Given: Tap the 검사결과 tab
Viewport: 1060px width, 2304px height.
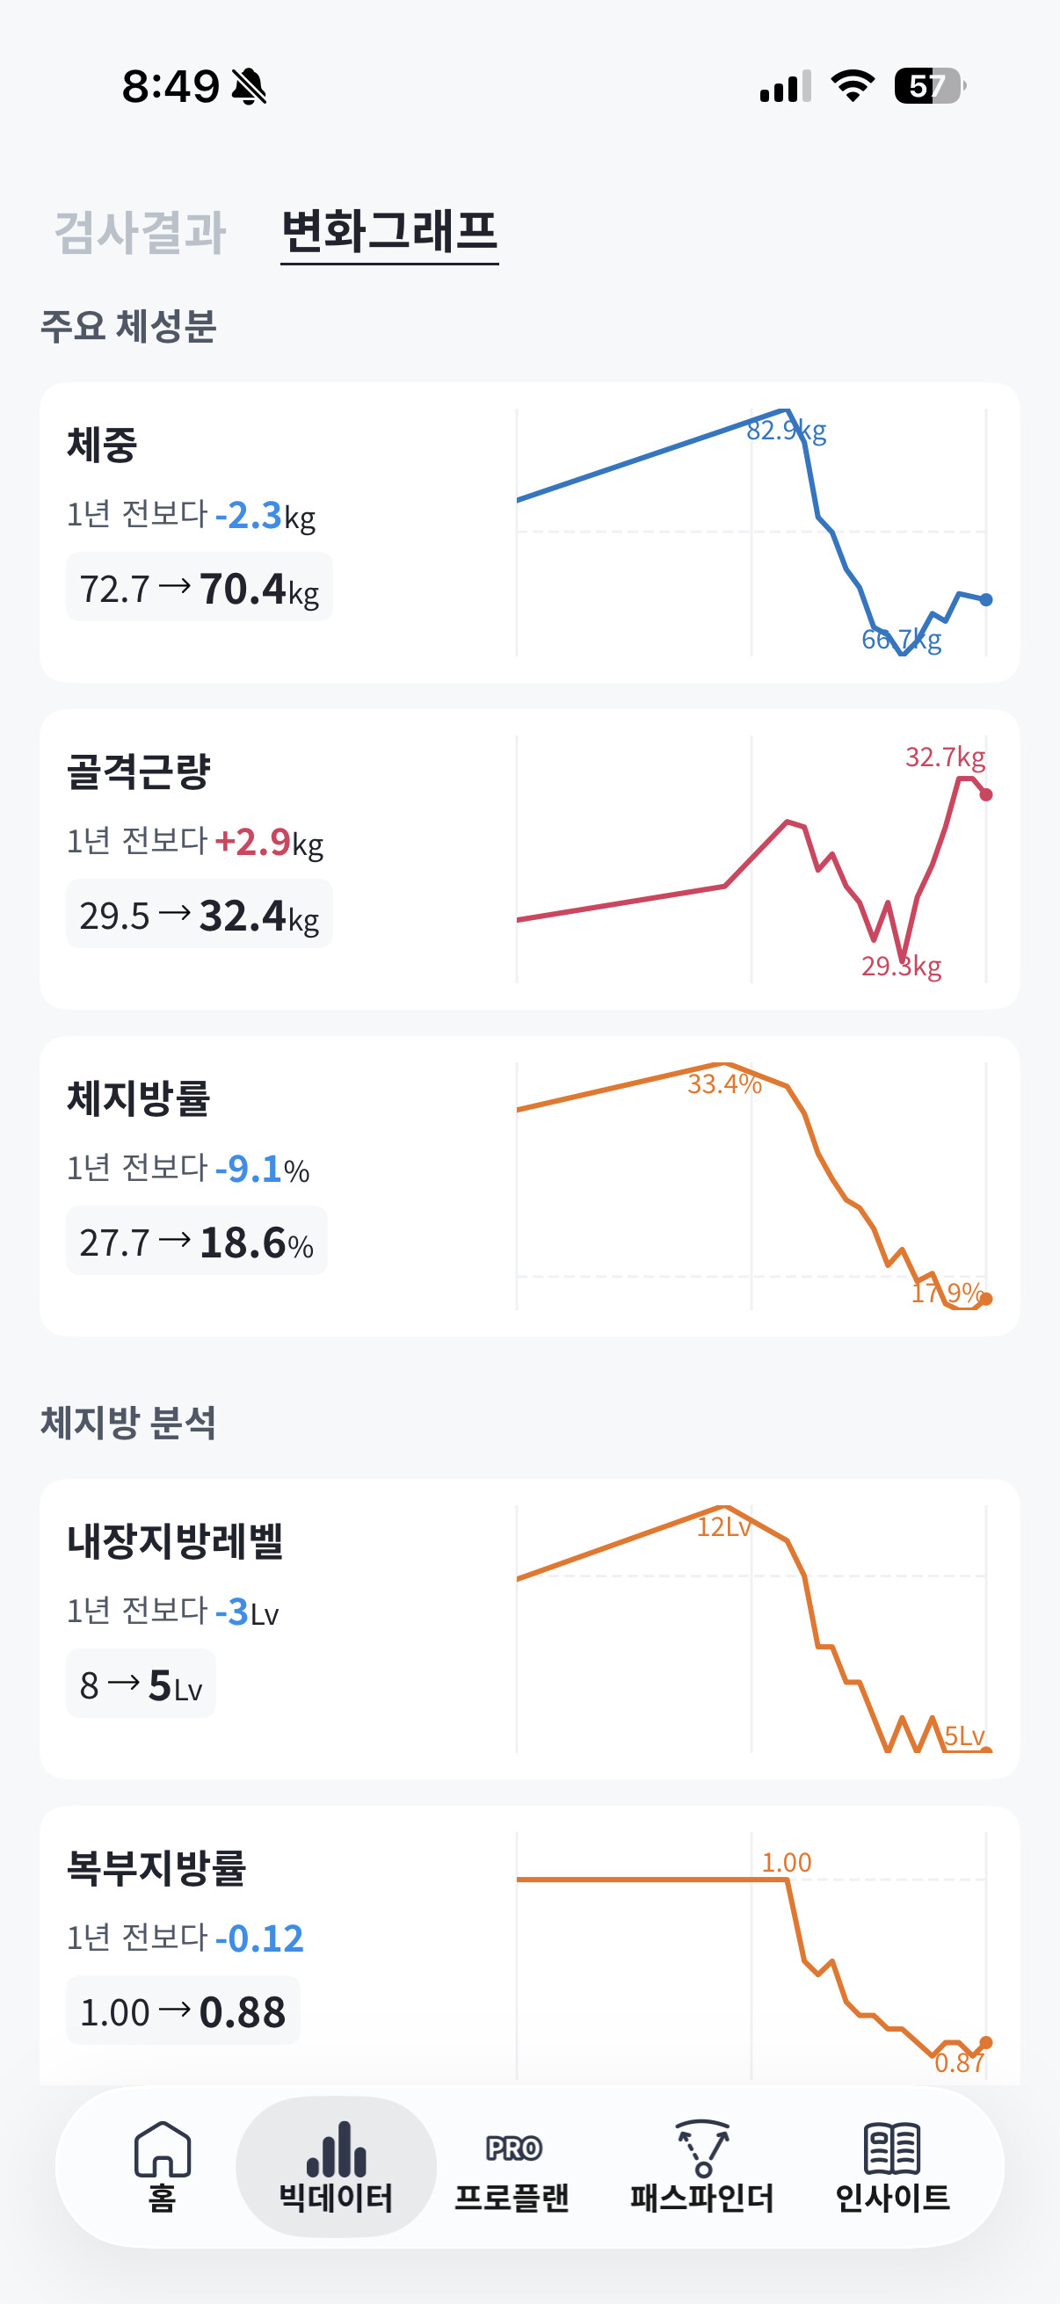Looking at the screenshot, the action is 141,232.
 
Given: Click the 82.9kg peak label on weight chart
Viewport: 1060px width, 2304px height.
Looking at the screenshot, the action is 787,431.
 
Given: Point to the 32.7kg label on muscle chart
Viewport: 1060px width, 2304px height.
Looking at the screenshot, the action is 946,757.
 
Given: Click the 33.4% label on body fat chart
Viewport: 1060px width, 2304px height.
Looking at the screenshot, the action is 724,1084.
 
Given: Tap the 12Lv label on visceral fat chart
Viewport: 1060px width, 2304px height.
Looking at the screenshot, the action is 723,1526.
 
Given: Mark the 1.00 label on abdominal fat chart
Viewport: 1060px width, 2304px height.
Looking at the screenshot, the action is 787,1862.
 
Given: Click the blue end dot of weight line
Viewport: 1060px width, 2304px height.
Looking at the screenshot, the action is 986,600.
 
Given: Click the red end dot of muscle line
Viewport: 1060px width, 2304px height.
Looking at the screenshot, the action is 986,794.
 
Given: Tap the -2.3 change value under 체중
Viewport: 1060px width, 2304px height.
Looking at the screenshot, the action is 249,516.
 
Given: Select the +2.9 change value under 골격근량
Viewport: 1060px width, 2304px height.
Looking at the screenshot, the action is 252,843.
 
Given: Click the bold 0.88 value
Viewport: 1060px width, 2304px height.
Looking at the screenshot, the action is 243,2012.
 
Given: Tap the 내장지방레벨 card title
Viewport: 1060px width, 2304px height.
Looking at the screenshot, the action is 175,1541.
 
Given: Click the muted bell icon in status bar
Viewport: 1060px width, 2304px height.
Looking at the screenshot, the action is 249,87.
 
